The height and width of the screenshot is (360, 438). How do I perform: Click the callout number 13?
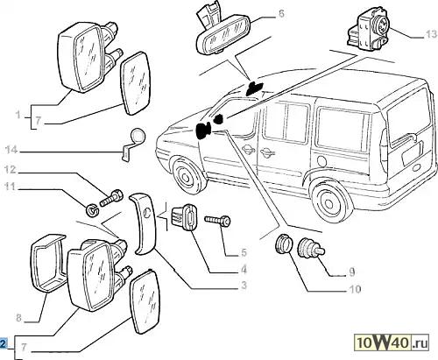[x=430, y=34]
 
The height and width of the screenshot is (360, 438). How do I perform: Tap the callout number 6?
[x=281, y=13]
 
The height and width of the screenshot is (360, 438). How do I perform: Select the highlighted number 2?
[x=3, y=343]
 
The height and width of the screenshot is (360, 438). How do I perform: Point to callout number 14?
[x=11, y=150]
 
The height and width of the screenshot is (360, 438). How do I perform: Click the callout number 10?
[x=355, y=289]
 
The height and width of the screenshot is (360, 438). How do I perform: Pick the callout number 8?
[x=18, y=317]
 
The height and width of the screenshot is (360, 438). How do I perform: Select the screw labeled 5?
[x=217, y=221]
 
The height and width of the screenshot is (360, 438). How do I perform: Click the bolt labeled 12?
[x=111, y=198]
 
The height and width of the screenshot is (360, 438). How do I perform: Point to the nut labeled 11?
[x=92, y=210]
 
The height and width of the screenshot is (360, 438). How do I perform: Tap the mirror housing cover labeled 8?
[x=48, y=262]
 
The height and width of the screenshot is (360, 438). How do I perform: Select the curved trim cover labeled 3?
[x=143, y=223]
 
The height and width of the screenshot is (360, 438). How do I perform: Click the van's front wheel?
[x=187, y=175]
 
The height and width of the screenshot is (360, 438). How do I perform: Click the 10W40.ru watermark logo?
[x=392, y=342]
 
